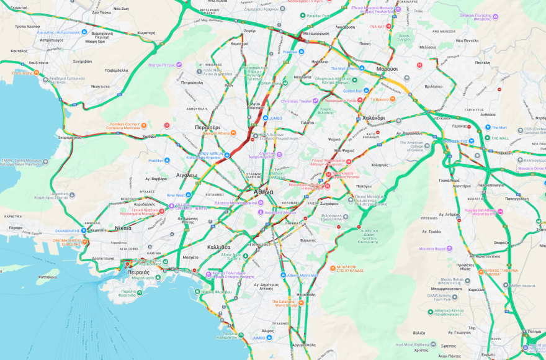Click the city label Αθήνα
coord(263,192)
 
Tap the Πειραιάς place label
coord(136,272)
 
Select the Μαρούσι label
coord(387,69)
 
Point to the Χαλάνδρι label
coord(374,118)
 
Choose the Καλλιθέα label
coord(219,247)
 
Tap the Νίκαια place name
coord(123,228)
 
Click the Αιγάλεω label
coord(187,175)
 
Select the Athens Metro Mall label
coord(302,275)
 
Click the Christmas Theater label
coord(297,101)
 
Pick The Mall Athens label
coord(346,68)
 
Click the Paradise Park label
coord(318,15)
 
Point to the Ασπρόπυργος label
coord(51,40)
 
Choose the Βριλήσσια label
coord(433,86)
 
